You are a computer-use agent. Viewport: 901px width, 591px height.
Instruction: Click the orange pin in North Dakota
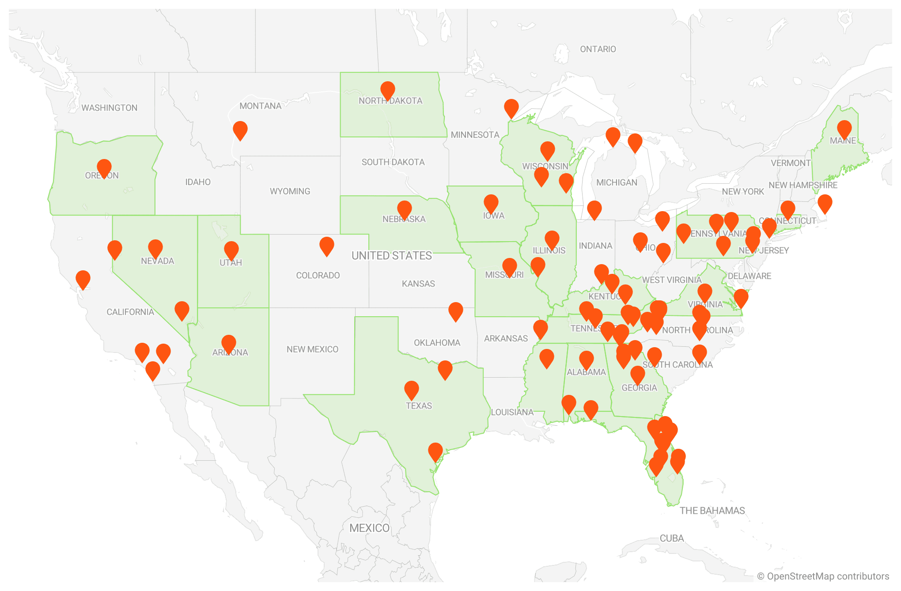click(387, 90)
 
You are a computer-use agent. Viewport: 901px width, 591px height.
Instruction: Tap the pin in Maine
click(844, 129)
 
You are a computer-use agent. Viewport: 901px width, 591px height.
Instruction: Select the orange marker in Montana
click(240, 130)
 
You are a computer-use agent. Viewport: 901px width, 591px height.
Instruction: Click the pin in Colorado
click(326, 246)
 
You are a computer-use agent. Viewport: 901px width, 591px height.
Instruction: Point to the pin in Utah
click(231, 250)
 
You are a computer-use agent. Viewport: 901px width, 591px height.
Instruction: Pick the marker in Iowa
click(491, 203)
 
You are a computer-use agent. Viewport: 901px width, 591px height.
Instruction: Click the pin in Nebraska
click(404, 209)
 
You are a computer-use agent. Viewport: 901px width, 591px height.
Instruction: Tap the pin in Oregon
click(104, 168)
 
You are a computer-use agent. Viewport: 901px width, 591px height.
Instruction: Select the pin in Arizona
click(228, 344)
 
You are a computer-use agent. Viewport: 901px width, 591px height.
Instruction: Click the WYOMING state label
click(290, 191)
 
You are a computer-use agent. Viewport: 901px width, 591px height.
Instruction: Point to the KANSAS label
click(418, 284)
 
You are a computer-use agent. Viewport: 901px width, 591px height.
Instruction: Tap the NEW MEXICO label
click(312, 349)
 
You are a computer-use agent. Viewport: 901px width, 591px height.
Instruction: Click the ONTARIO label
click(598, 49)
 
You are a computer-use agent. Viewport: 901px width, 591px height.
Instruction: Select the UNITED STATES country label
click(391, 256)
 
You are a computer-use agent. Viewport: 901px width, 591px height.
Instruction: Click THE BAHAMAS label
click(712, 511)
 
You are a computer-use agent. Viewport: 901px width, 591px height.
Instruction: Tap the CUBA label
click(671, 538)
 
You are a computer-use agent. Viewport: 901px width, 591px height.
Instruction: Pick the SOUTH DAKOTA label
click(393, 162)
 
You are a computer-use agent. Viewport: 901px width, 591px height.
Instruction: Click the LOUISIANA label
click(512, 412)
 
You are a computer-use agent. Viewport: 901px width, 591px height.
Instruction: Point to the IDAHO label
click(197, 182)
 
